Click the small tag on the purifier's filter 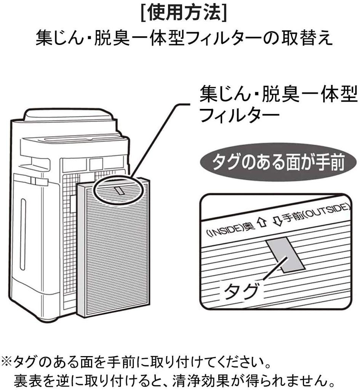click(x=119, y=190)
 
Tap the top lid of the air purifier click(x=69, y=114)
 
